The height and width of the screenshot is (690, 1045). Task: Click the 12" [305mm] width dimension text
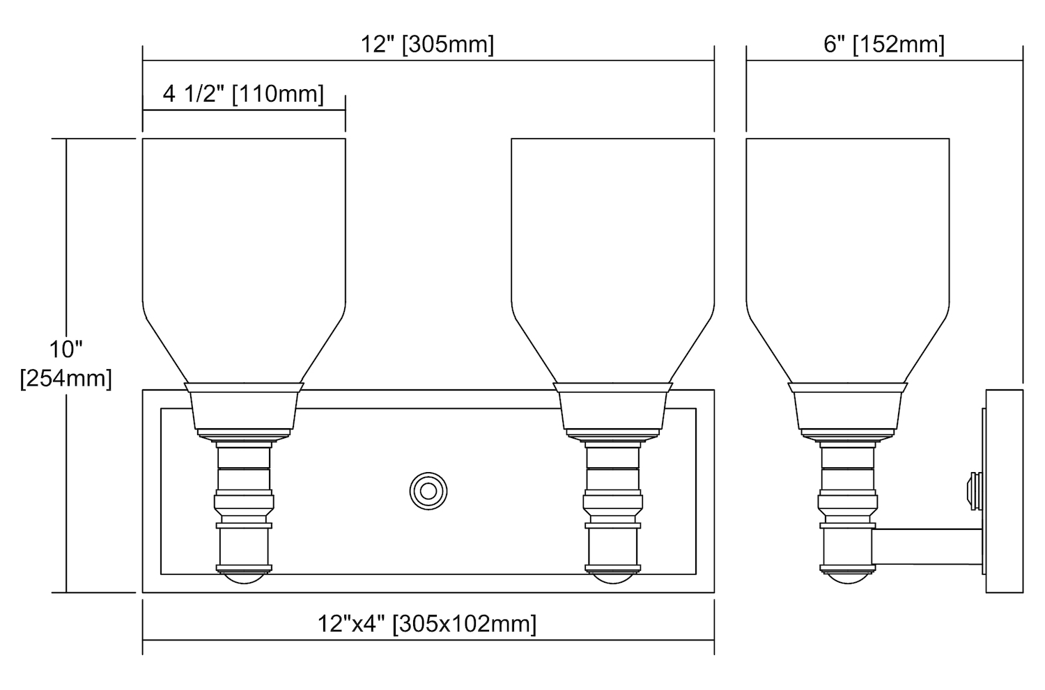(427, 45)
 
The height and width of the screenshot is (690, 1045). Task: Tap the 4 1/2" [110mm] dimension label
(243, 94)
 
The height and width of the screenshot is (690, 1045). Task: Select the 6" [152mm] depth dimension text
(884, 45)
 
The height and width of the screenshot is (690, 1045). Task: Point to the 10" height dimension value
(65, 350)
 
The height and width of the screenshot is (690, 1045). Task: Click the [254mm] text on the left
(65, 379)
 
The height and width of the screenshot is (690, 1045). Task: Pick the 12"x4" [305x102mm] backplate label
(427, 624)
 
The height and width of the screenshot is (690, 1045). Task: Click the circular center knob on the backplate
(428, 492)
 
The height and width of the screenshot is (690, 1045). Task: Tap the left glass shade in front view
(244, 260)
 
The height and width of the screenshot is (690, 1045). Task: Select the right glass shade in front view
(613, 260)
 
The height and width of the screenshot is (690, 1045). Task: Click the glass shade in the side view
(848, 260)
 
